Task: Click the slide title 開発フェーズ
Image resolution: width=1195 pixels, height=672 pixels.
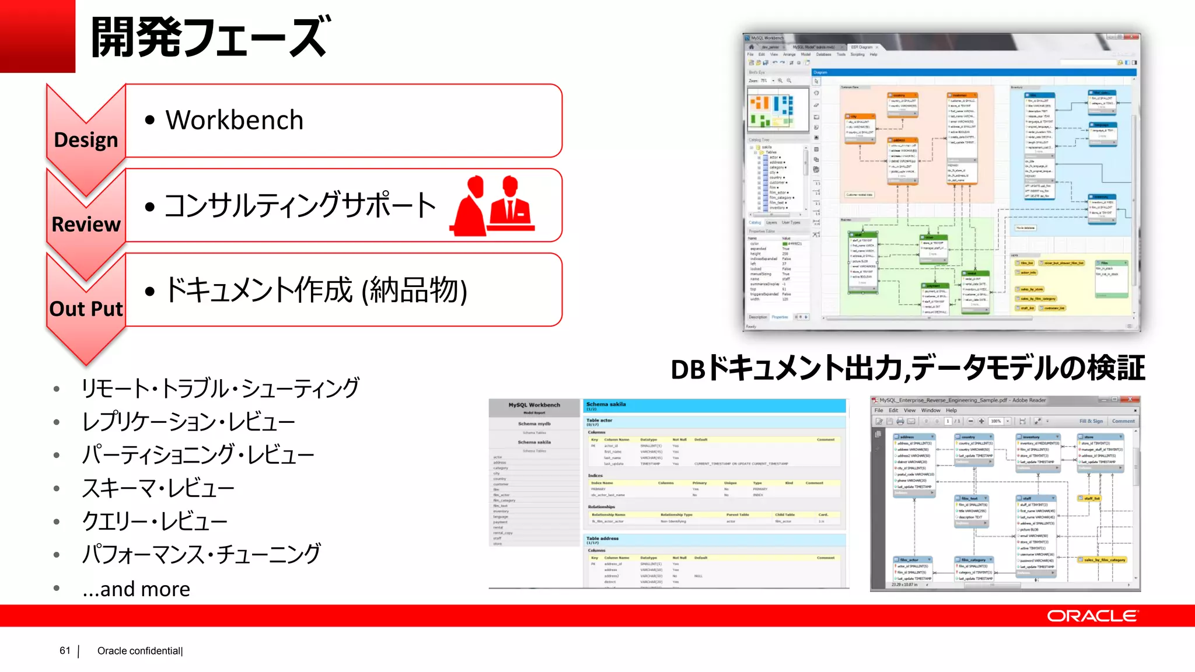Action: tap(210, 37)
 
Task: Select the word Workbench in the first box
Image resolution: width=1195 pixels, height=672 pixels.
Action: tap(235, 120)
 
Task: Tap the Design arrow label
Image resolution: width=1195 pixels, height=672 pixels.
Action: tap(86, 140)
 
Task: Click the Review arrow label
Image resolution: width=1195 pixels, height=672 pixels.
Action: tap(86, 224)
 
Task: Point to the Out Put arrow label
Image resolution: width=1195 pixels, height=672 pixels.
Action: tap(86, 309)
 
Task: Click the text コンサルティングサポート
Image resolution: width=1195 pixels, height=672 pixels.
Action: tap(300, 205)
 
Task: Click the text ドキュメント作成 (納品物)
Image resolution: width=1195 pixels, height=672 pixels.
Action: tap(316, 290)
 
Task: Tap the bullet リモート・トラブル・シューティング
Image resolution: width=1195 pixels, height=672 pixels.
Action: tap(221, 388)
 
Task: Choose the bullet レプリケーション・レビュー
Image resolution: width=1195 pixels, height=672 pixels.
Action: tap(188, 422)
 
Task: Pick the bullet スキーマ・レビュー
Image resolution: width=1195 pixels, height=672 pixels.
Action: tap(158, 488)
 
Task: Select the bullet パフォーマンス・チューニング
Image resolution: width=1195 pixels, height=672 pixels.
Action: tap(201, 554)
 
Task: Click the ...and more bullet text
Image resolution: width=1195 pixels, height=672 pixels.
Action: tap(137, 589)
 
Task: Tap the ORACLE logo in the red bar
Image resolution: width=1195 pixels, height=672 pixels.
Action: tap(1092, 616)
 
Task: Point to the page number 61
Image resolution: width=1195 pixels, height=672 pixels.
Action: tap(65, 650)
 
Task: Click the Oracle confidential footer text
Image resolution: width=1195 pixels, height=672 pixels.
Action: tap(140, 651)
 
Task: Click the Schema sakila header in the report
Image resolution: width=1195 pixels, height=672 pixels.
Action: tap(606, 404)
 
